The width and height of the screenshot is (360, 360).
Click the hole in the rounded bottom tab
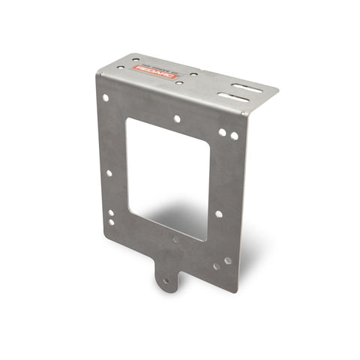(166, 281)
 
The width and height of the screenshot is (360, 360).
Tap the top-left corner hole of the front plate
(106, 97)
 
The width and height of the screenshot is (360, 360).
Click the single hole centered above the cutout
(177, 118)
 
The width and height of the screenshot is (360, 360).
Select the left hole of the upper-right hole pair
(223, 133)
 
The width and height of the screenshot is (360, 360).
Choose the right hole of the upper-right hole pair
(234, 136)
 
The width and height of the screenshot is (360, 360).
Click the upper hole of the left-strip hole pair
(111, 213)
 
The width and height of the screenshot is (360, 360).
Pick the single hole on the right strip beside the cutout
(219, 214)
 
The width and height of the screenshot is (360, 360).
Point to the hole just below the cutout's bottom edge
(175, 240)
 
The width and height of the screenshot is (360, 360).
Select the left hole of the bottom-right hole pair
(217, 265)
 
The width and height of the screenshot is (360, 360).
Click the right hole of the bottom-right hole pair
(228, 261)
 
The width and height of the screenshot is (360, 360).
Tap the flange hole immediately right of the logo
(193, 73)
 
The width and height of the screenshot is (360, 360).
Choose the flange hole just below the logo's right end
(178, 82)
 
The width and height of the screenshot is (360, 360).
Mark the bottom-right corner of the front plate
(237, 292)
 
